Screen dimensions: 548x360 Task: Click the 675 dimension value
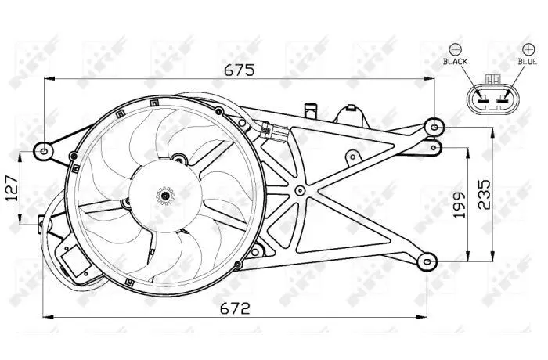(x=240, y=70)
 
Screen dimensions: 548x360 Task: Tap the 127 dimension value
(x=13, y=188)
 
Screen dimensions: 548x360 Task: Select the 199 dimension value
(x=460, y=204)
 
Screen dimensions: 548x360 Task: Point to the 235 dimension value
(x=484, y=194)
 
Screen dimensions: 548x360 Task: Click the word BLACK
(x=455, y=62)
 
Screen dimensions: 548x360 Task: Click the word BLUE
(x=528, y=62)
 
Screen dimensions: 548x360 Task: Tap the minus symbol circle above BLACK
(x=456, y=49)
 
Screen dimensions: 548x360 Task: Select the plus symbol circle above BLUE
(x=528, y=49)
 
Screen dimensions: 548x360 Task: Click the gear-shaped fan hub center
(x=165, y=196)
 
